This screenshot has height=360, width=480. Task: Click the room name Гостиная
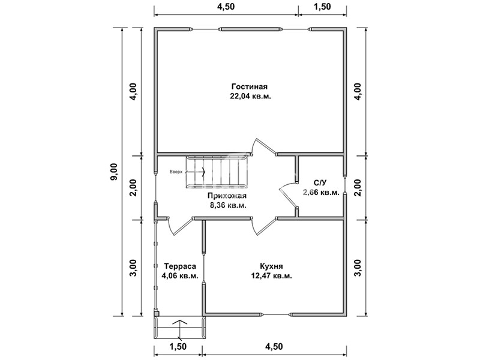point(250,86)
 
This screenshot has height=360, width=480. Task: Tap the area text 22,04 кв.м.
point(250,96)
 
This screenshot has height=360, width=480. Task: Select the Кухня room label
point(271,266)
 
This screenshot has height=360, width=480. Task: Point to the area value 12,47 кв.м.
point(271,276)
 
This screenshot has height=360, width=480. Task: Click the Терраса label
point(180,266)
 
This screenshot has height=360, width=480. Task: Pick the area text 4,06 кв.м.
point(180,276)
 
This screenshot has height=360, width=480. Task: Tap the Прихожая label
point(227,196)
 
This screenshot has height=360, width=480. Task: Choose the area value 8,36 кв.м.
point(228,205)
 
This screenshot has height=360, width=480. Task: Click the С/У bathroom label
point(320,183)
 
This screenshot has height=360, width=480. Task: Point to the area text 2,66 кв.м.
point(321,193)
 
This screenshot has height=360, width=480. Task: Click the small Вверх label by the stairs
point(176,172)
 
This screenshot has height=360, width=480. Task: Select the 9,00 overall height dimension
point(114,172)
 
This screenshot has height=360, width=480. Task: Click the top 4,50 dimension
point(226,7)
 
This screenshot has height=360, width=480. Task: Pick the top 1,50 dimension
point(322,7)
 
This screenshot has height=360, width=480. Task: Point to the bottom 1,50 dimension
point(178,347)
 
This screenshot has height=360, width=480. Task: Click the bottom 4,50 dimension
point(274,347)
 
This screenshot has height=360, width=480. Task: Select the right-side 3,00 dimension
point(358,268)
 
